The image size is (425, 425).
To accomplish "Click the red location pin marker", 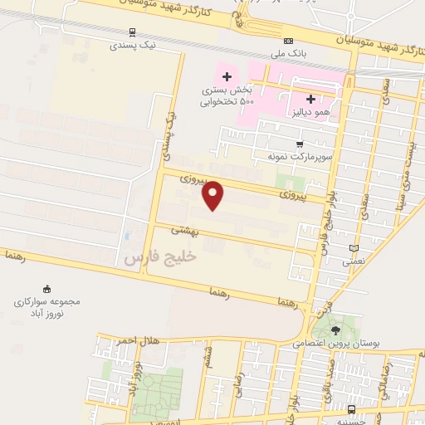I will coord(214,195).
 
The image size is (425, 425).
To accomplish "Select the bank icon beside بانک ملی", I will coord(288,42).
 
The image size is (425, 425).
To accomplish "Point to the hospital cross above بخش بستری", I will coord(224,76).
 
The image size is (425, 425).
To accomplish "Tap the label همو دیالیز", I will coord(310,110).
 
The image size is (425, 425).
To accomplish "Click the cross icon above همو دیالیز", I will coord(310,98).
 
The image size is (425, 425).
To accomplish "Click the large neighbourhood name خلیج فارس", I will coord(160,258).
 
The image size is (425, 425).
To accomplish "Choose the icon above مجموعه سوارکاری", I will coord(46,288).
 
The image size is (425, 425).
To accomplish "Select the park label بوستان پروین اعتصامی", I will coord(335,342).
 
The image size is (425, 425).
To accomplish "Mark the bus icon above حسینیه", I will coord(352,410).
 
